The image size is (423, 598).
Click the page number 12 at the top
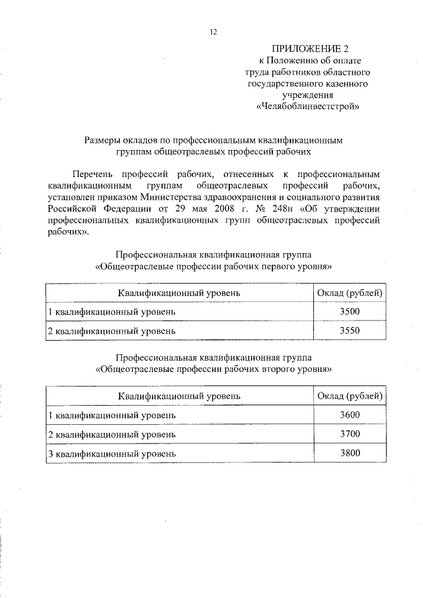(213, 32)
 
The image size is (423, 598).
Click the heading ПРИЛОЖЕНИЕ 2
(309, 49)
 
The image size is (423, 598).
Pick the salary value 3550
(349, 331)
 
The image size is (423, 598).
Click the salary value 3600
(349, 415)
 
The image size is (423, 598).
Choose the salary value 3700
(349, 434)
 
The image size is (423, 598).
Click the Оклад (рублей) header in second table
(350, 396)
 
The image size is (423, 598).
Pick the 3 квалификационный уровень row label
(112, 454)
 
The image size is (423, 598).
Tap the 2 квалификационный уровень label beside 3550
(112, 331)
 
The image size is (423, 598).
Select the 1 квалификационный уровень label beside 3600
(112, 416)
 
